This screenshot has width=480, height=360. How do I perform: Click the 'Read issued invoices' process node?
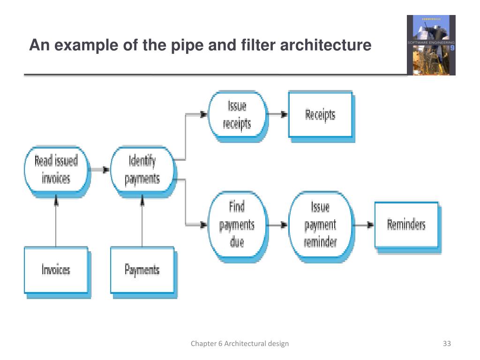pyautogui.click(x=56, y=170)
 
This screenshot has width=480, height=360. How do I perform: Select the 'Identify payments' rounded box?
pyautogui.click(x=142, y=170)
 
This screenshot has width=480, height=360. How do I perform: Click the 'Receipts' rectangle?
pyautogui.click(x=320, y=114)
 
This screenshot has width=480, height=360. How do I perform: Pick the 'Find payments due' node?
pyautogui.click(x=237, y=225)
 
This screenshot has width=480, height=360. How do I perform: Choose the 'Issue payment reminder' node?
pyautogui.click(x=320, y=225)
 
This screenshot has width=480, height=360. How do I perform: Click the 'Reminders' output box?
pyautogui.click(x=406, y=225)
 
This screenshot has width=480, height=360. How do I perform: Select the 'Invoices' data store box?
pyautogui.click(x=56, y=270)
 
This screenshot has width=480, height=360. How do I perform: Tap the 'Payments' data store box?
pyautogui.click(x=142, y=270)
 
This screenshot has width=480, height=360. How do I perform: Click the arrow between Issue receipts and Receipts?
pyautogui.click(x=278, y=114)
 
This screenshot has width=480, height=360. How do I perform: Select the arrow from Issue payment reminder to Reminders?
pyautogui.click(x=363, y=225)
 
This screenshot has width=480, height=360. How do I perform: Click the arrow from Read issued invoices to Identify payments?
pyautogui.click(x=99, y=170)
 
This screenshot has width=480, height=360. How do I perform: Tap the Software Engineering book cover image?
pyautogui.click(x=430, y=45)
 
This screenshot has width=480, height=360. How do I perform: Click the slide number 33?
pyautogui.click(x=446, y=344)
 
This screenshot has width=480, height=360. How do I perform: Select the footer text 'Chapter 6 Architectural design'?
pyautogui.click(x=240, y=344)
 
